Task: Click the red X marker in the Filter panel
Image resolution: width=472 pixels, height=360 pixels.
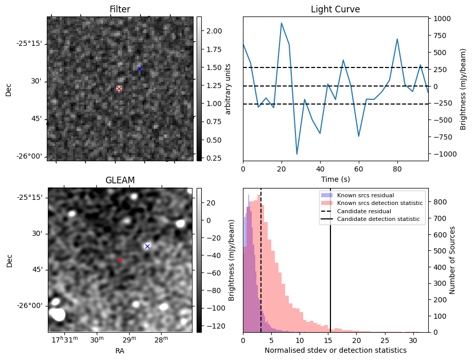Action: [x=119, y=89]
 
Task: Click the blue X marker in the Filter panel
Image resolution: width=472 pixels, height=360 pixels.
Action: [x=139, y=68]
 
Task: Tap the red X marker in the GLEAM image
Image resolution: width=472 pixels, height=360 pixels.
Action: [x=120, y=260]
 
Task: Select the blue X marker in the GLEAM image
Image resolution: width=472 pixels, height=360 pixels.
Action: [x=147, y=246]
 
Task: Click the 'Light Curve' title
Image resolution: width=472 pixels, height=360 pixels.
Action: [x=335, y=10]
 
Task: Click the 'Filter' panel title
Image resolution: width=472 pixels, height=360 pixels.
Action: [x=120, y=10]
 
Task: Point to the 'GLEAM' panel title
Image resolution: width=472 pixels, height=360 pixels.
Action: [x=120, y=180]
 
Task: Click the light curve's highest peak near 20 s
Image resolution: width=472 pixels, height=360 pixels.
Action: [x=282, y=23]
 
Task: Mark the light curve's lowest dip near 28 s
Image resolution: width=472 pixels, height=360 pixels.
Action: [x=297, y=154]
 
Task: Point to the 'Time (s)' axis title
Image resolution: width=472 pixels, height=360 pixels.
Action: [x=335, y=178]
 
